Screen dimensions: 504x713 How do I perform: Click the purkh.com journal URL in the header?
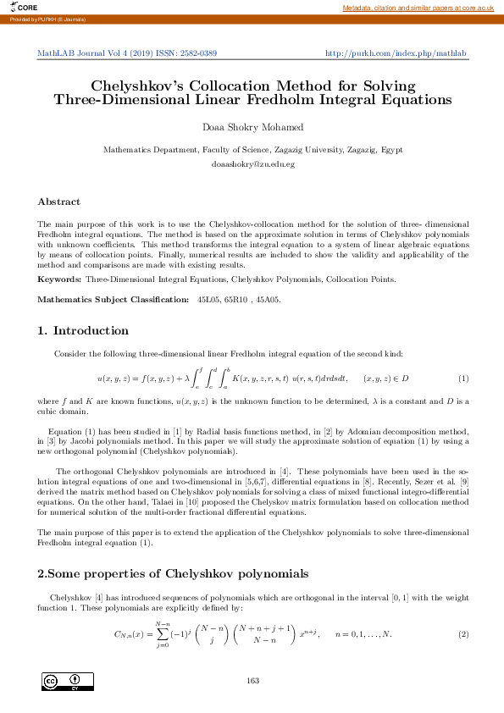pos(396,53)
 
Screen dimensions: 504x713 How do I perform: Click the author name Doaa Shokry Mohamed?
pos(252,128)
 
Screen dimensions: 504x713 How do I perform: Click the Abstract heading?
pos(58,202)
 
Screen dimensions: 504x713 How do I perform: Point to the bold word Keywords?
pos(59,279)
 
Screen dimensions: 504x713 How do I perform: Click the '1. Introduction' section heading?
pos(83,330)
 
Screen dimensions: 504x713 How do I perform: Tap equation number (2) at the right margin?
pos(462,634)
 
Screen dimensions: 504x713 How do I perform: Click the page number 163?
pos(252,681)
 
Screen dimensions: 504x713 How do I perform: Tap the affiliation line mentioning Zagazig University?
pos(252,149)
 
